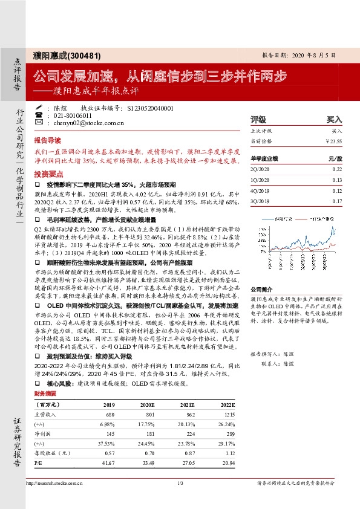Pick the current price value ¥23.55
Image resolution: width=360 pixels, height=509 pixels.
333,141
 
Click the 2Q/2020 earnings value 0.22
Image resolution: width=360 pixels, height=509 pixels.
337,170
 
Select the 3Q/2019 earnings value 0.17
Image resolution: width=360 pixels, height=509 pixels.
337,201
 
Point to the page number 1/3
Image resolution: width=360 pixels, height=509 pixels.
180,482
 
